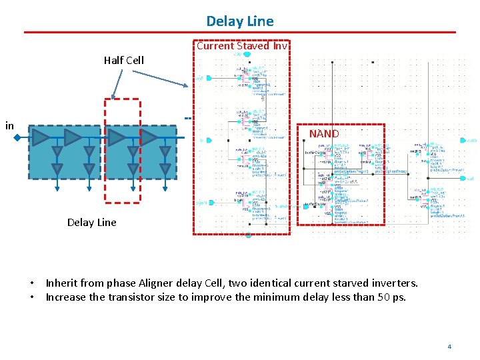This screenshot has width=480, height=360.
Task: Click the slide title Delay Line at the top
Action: pos(240,21)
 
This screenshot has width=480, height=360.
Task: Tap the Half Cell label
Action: pos(123,61)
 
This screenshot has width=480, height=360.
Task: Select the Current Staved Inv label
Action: pos(242,46)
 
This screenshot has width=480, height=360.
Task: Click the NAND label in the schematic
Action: pos(324,134)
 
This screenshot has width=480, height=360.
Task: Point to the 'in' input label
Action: pos(9,125)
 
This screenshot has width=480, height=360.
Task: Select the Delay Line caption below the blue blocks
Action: pos(91,223)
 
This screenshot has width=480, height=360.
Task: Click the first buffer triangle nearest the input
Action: pos(40,138)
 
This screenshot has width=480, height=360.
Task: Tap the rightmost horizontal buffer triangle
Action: pos(149,138)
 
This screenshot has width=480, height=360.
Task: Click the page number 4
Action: pos(449,347)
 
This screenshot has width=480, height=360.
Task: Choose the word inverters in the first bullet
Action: pos(395,283)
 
